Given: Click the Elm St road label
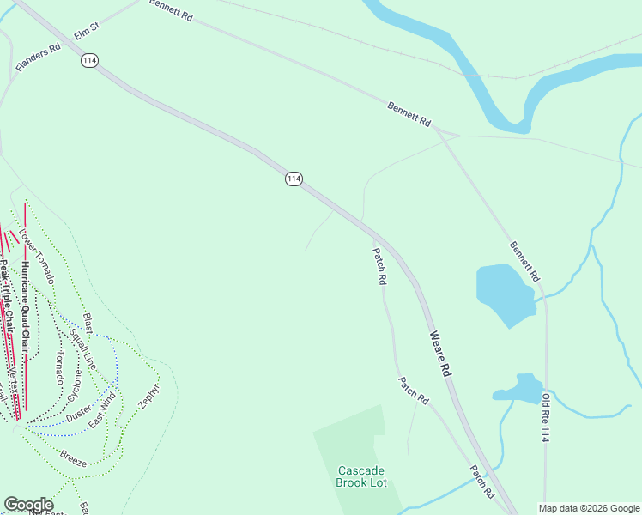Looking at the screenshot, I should click(88, 32).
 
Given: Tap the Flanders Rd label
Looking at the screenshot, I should click(38, 58).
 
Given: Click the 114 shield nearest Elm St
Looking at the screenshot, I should click(91, 60).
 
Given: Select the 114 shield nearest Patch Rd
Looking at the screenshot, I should click(294, 179).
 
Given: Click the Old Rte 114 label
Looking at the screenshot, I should click(544, 418).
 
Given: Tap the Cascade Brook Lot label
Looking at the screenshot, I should click(361, 476).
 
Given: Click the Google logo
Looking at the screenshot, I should click(28, 505).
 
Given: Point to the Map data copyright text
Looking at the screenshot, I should click(589, 508).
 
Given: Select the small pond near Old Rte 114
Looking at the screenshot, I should click(520, 388).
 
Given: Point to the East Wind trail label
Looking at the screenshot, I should click(102, 409).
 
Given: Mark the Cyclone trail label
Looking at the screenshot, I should click(76, 383).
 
